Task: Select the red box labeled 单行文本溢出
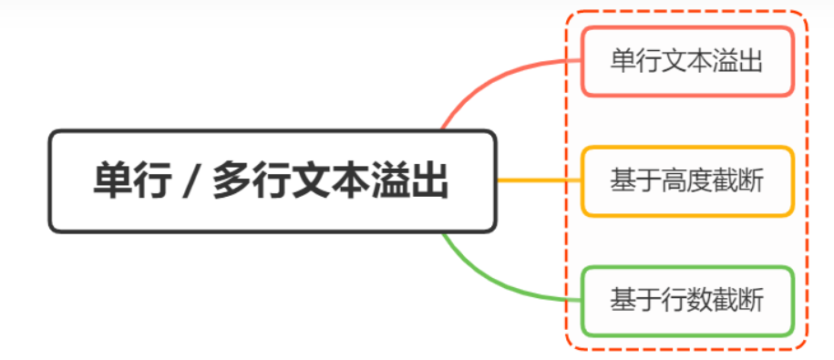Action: click(x=687, y=61)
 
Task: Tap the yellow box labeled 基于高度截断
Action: click(x=687, y=180)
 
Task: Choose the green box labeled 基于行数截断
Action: click(x=687, y=299)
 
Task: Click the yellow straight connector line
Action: click(x=539, y=180)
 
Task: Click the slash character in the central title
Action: click(x=189, y=181)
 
